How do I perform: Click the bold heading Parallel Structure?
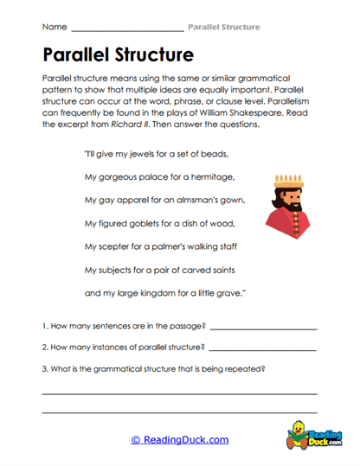pyautogui.click(x=118, y=56)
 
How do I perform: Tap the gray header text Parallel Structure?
pyautogui.click(x=223, y=28)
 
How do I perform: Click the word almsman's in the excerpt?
pyautogui.click(x=192, y=201)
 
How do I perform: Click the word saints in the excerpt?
pyautogui.click(x=217, y=269)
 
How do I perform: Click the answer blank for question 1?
pyautogui.click(x=263, y=329)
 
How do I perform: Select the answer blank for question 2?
pyautogui.click(x=263, y=349)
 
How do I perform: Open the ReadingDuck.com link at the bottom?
pyautogui.click(x=179, y=440)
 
